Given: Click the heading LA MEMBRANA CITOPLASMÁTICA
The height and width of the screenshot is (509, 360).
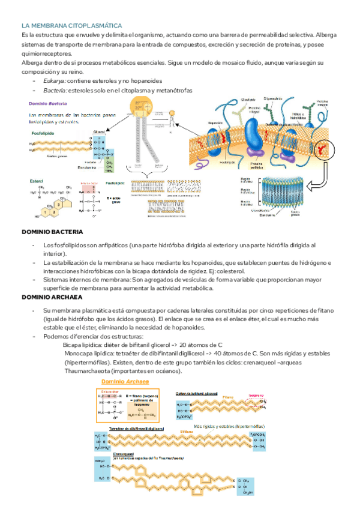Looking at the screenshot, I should [71, 26].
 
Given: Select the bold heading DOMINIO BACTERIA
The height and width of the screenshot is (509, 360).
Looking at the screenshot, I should [52, 232].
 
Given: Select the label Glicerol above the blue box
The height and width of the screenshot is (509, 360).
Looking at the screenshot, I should [99, 131].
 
